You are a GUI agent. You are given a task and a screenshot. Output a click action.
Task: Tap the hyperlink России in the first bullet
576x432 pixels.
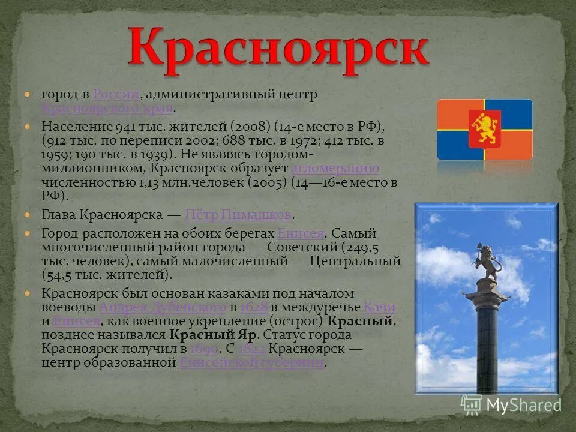[x=116, y=95]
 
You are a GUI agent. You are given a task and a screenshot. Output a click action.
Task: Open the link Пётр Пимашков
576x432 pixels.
[x=239, y=215]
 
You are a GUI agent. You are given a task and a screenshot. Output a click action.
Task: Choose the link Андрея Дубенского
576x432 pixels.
[x=162, y=307]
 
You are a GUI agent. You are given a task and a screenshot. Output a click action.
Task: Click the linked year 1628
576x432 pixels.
[x=254, y=307]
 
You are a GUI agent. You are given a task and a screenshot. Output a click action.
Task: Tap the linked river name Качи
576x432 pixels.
[x=379, y=307]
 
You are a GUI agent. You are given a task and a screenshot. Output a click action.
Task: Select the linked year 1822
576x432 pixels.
[x=251, y=349]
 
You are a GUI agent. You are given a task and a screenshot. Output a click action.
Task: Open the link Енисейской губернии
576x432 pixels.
[x=252, y=362]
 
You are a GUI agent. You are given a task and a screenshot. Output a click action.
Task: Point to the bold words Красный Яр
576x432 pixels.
[x=213, y=335]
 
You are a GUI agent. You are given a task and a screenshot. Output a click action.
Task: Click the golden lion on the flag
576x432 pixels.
[x=484, y=129]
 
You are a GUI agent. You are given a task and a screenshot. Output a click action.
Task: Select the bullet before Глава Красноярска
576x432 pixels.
[x=27, y=214]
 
